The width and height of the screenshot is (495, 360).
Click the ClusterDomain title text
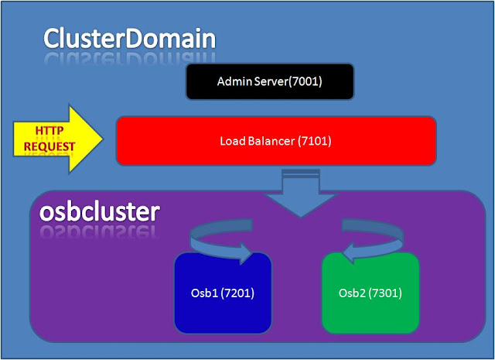(x=128, y=38)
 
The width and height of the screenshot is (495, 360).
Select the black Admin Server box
(x=269, y=81)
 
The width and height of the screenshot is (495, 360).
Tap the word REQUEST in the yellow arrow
(x=49, y=146)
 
